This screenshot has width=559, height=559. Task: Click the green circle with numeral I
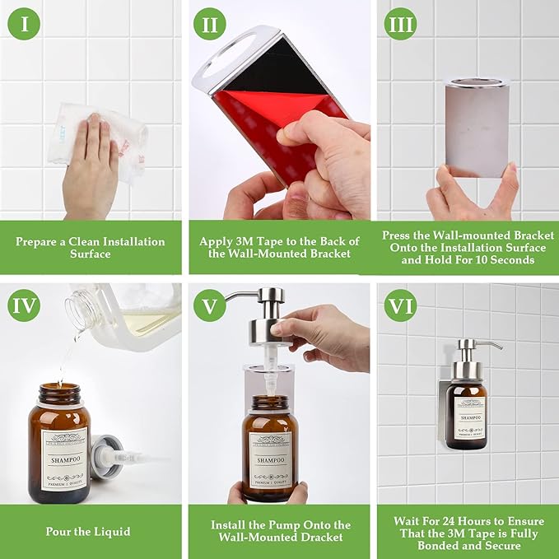click(x=25, y=24)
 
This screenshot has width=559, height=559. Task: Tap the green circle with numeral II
click(x=210, y=24)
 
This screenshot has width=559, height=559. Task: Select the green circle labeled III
click(x=400, y=24)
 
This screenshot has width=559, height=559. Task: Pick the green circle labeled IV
click(x=25, y=307)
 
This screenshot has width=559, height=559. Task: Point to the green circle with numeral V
click(x=210, y=307)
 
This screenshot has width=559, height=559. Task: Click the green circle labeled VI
click(x=400, y=307)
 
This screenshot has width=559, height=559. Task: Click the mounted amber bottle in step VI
click(x=467, y=412)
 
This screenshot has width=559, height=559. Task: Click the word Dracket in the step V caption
click(x=319, y=538)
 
